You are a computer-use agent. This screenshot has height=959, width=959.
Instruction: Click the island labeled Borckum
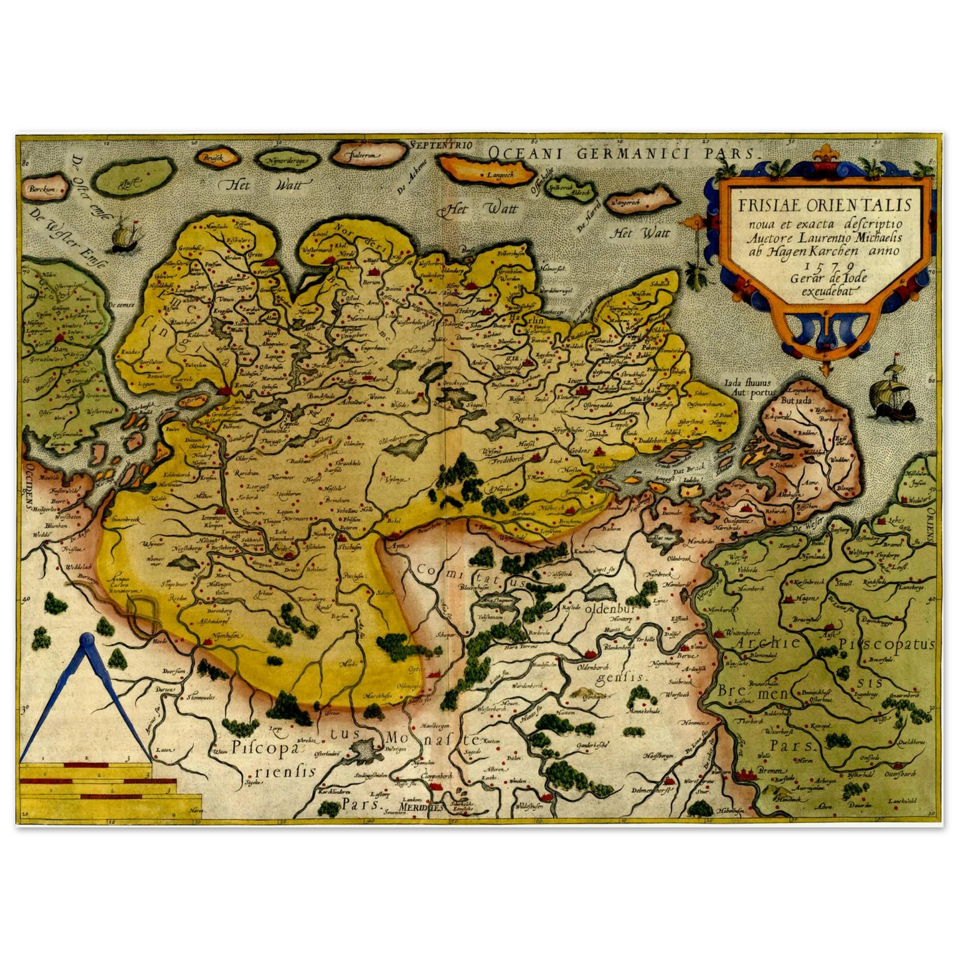pyautogui.click(x=40, y=190)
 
